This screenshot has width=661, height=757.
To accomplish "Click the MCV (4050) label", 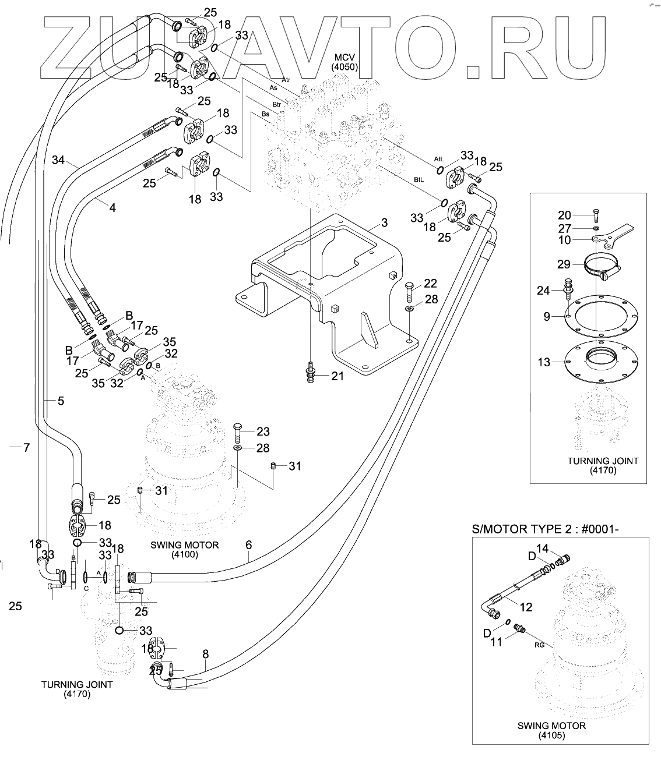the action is click(x=344, y=62).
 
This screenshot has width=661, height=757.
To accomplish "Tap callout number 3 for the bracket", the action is click(x=384, y=223).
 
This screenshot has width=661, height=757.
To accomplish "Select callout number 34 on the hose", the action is click(x=58, y=160).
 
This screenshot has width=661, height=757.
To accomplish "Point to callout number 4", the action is click(x=112, y=208).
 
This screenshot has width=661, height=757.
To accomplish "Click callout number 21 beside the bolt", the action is click(x=337, y=376).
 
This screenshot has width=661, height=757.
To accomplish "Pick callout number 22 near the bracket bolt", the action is click(x=430, y=284).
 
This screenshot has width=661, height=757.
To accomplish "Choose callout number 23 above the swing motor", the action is click(x=263, y=431).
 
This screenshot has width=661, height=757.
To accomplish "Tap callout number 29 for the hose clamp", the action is click(x=564, y=264).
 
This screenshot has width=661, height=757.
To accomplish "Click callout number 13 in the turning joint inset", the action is click(x=544, y=362).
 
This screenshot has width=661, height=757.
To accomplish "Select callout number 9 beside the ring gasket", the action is click(x=547, y=317).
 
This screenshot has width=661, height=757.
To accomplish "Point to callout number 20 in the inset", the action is click(x=565, y=215).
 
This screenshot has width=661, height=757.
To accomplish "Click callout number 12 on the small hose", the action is click(x=526, y=607).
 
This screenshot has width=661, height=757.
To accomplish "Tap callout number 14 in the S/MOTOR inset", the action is click(x=543, y=549).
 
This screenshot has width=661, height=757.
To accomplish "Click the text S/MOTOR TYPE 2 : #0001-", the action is click(x=545, y=529).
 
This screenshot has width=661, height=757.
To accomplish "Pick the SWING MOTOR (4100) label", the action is click(x=185, y=550).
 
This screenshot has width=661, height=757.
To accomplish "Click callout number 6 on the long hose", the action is click(x=248, y=545).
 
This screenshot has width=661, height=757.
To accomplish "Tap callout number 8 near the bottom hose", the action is click(x=206, y=655).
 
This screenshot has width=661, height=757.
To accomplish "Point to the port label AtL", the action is click(x=439, y=159).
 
